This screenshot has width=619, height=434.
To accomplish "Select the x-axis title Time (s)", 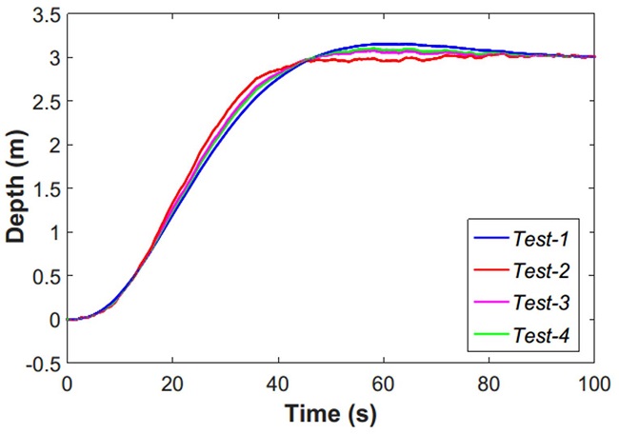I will (x=330, y=416).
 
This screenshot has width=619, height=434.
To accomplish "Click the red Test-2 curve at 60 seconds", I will (x=384, y=59).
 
